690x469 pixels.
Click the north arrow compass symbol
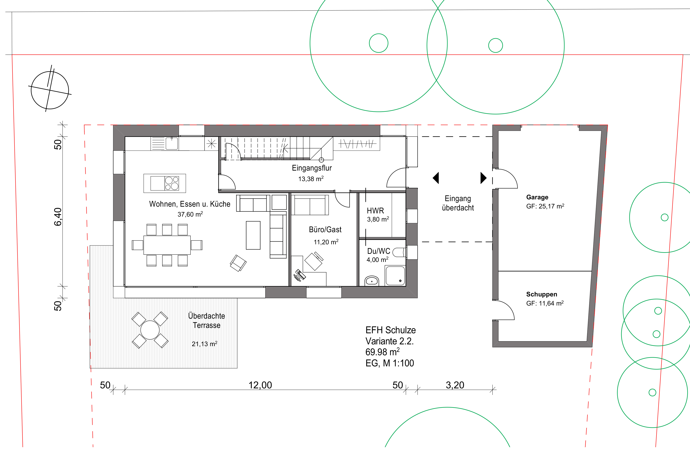tap(50, 90)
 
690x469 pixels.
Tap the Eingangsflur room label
tap(312, 168)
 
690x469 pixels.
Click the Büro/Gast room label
tap(325, 229)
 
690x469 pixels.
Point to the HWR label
tap(375, 211)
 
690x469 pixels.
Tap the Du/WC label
tap(379, 251)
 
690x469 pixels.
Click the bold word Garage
tap(537, 197)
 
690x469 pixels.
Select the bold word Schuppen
tap(542, 294)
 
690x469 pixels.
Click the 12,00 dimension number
tap(260, 385)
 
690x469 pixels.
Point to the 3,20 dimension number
tap(455, 385)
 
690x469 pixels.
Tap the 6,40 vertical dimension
tap(58, 217)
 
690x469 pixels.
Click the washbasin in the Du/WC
tap(371, 281)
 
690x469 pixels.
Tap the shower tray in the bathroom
tap(395, 275)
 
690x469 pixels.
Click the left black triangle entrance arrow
tap(436, 178)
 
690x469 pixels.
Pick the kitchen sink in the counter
tap(172, 143)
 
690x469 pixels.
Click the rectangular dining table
tap(167, 245)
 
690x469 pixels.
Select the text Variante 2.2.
tap(390, 341)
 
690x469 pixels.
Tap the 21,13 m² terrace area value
tap(205, 344)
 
